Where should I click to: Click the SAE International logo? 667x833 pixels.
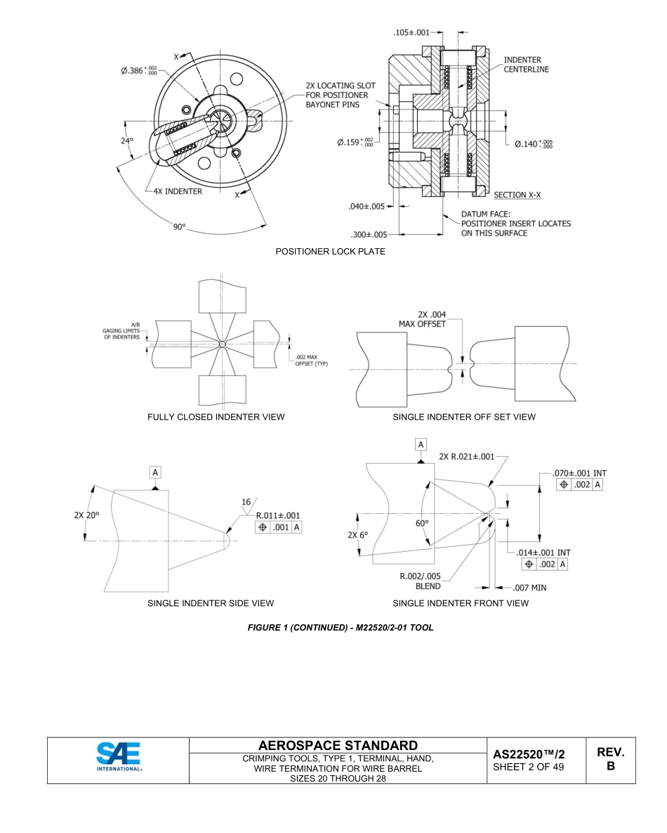click(118, 759)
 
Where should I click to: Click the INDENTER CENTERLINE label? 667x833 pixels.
click(527, 65)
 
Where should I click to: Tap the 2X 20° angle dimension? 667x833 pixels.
click(87, 515)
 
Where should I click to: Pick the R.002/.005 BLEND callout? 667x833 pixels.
click(420, 581)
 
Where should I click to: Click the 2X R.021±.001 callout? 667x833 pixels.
click(466, 456)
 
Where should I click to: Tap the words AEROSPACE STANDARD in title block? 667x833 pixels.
click(338, 745)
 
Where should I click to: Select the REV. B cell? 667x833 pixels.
click(610, 759)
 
